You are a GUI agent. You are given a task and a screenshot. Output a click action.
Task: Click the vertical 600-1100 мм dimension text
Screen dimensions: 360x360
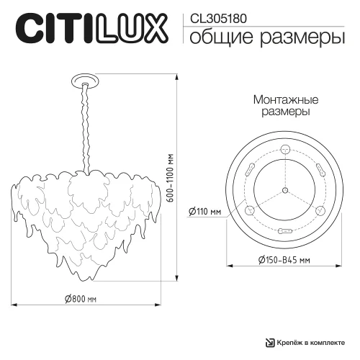[x=170, y=179]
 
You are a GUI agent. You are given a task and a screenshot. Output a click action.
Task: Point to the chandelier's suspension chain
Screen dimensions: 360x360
[x=88, y=122]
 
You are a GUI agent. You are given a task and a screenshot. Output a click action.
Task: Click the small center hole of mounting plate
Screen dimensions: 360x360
[x=284, y=190]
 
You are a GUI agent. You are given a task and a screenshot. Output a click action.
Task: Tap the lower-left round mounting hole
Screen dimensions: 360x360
[x=251, y=210]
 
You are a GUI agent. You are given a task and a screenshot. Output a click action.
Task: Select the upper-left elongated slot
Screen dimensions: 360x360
[x=248, y=169]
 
